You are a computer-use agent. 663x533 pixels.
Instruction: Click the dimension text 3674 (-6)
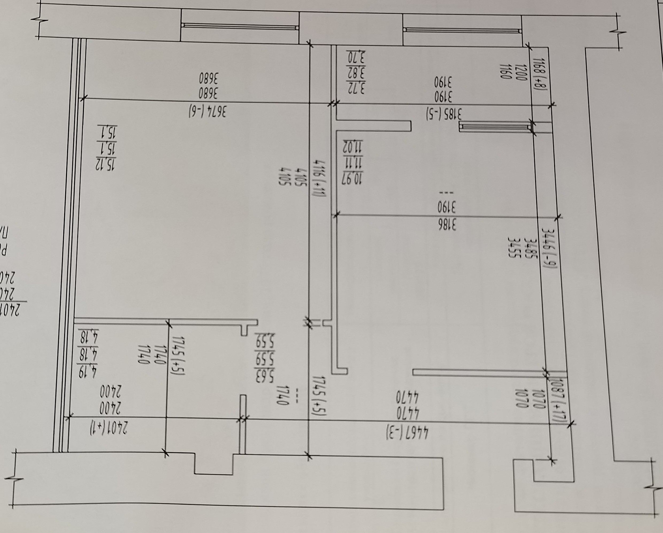[x=208, y=110]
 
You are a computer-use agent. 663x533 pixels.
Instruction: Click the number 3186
[x=447, y=225]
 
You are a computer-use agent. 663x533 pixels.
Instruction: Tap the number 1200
[x=520, y=72]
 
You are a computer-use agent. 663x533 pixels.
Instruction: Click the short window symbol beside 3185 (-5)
[x=495, y=127]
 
